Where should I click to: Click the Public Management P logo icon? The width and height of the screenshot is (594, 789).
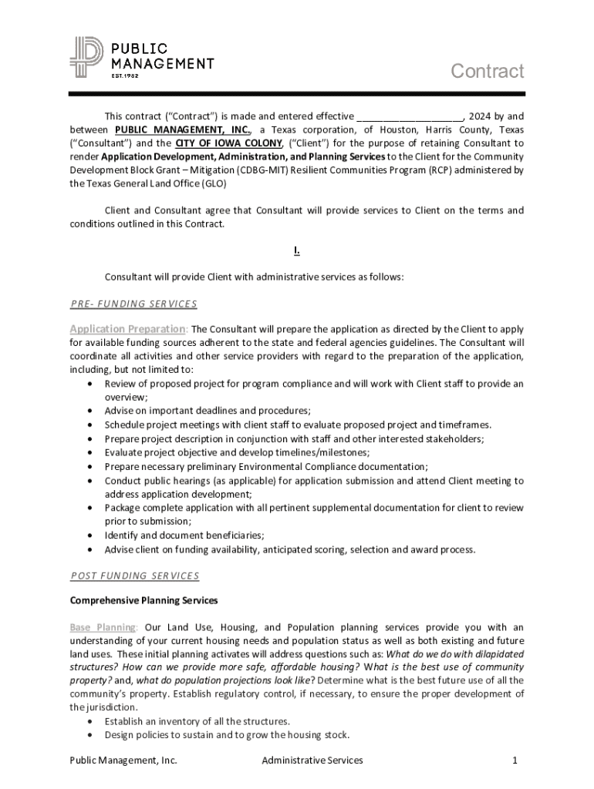coord(86,58)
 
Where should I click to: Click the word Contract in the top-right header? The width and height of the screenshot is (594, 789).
coord(487,72)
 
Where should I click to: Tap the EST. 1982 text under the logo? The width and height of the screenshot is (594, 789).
coord(123,76)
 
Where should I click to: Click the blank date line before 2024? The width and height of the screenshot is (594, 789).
coord(409,116)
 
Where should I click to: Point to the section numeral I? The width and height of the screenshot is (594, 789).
coord(296,250)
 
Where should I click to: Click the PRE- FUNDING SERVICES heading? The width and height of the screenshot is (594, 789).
coord(133,304)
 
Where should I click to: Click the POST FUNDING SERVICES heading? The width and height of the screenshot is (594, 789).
coord(134,576)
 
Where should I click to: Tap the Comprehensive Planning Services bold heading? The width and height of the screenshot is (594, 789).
coord(143,600)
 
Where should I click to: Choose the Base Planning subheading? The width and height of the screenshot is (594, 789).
coord(103,627)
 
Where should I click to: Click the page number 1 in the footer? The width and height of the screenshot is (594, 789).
coord(514,760)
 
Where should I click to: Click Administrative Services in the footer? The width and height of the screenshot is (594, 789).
coord(312,760)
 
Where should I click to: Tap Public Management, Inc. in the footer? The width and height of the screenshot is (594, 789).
coord(123,760)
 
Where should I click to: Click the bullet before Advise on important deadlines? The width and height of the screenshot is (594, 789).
coord(92,411)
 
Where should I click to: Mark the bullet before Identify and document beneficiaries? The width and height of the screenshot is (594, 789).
coord(92,536)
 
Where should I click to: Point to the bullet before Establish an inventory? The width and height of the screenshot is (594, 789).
coord(92,721)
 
